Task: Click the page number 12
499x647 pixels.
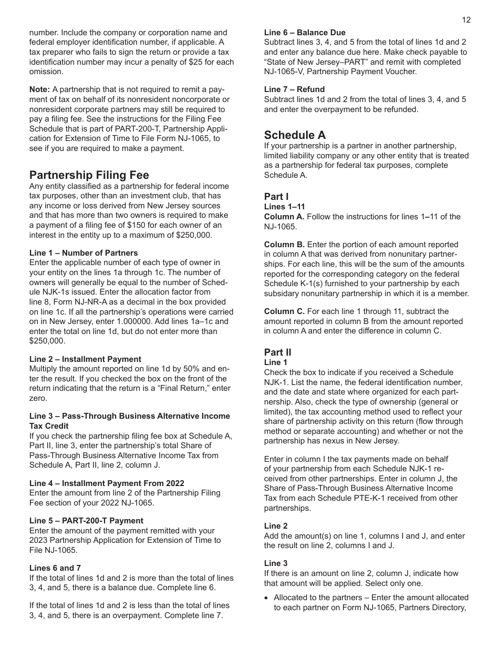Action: (466, 20)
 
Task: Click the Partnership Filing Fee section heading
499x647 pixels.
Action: (89, 175)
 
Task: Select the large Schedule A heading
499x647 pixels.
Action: (295, 135)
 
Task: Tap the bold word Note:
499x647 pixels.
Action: (39, 89)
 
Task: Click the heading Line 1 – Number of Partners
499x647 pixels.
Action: (84, 253)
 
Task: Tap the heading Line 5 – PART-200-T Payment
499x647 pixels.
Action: (86, 521)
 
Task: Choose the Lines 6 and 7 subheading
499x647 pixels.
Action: (55, 568)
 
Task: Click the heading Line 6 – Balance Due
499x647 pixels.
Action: (305, 33)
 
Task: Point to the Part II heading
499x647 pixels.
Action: (277, 352)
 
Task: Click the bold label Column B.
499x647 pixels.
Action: (284, 245)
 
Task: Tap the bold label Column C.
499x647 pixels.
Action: (284, 311)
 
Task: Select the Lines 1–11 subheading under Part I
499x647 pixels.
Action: (284, 207)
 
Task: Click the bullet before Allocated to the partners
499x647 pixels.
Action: (267, 598)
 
